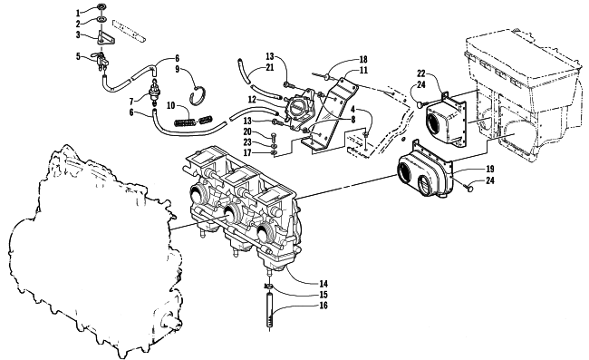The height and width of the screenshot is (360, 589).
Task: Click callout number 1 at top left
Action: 78,14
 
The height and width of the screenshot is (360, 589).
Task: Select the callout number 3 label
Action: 78,35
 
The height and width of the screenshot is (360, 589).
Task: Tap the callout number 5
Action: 78,57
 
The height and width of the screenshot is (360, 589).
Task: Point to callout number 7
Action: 131,102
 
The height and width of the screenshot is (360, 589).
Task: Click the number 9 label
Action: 178,69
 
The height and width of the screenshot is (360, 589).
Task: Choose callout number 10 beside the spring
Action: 171,105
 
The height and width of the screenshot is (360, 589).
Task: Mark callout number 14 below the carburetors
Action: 323,284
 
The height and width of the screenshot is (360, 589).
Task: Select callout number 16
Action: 323,306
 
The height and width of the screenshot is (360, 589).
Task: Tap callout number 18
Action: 363,59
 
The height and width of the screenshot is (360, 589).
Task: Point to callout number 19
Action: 490,169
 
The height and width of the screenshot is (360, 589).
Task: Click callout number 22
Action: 421,73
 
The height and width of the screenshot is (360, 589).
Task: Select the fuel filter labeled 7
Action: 153,92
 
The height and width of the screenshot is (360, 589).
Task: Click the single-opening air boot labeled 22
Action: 446,120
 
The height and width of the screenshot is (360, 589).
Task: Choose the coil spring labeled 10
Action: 194,121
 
